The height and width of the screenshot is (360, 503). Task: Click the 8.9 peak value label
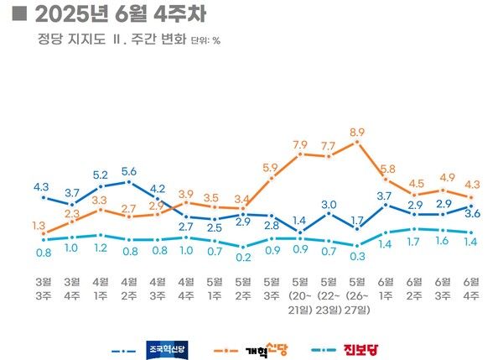point(357,132)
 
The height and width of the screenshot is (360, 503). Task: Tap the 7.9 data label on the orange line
point(300,144)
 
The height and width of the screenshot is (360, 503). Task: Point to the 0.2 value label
point(243,257)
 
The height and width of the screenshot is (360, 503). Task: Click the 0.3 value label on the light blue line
point(357,257)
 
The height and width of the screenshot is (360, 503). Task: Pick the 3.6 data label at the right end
point(471,214)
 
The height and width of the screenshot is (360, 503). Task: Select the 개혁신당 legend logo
point(268,348)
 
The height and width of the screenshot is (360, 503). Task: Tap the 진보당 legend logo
point(363,348)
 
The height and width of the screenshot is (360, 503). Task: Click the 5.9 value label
point(270,169)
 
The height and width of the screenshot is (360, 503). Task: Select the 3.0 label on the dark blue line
point(329,204)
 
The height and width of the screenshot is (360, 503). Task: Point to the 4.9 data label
point(443,178)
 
